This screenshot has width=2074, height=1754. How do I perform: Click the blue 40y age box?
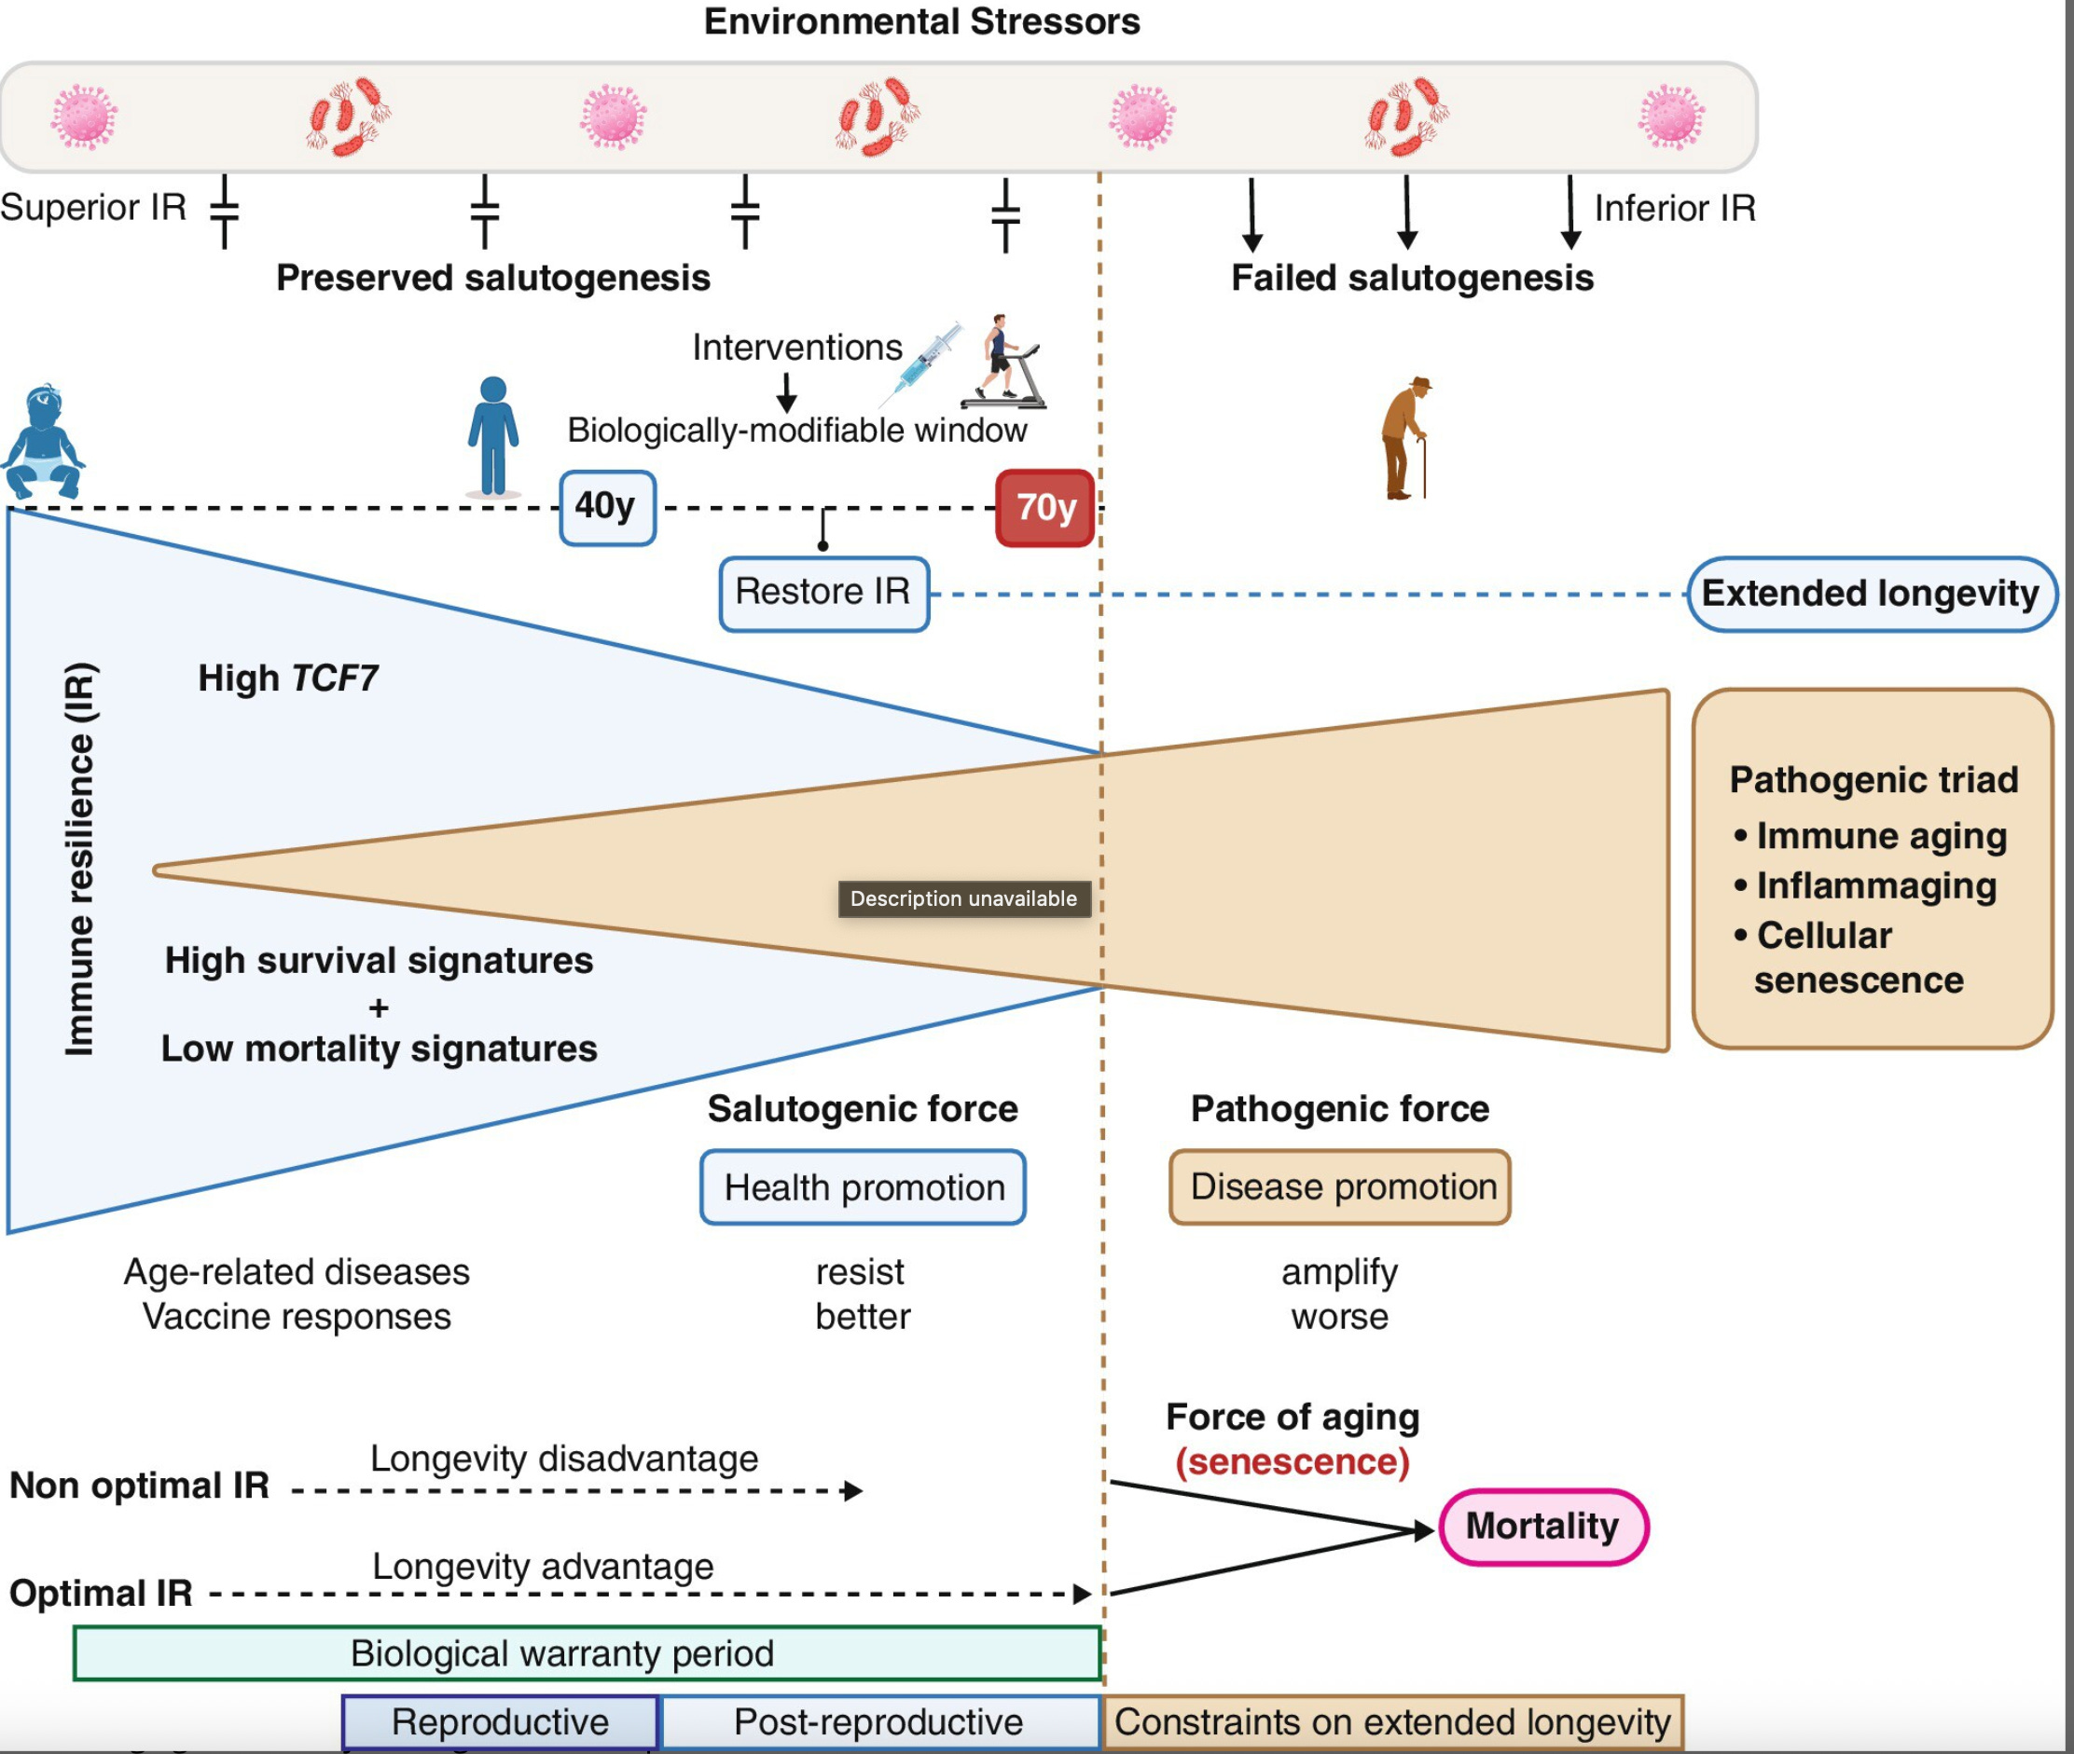607,508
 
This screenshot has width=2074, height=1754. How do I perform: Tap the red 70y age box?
1044,508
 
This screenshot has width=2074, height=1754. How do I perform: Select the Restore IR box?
823,594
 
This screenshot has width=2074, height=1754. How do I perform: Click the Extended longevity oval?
1871,594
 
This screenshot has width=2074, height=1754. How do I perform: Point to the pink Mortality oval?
1542,1527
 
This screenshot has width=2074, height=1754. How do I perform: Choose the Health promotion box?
864,1187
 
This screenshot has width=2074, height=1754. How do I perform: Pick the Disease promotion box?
1340,1187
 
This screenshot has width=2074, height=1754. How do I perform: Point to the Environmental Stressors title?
921,21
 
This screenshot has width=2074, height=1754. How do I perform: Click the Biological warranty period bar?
587,1653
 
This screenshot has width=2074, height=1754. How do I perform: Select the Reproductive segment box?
501,1722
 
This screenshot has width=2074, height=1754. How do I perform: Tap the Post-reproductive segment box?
879,1722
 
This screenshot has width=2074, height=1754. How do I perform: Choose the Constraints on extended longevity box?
1392,1722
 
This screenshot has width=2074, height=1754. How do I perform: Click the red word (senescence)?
1293,1461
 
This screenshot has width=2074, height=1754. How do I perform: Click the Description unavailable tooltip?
964,898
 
